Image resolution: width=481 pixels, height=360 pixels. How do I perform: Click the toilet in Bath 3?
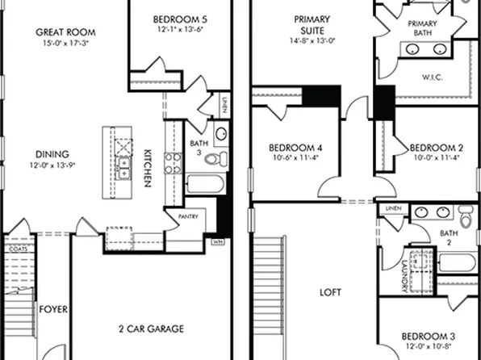211,158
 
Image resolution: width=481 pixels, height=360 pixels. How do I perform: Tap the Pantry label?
182,217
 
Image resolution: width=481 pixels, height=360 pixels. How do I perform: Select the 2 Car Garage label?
151,329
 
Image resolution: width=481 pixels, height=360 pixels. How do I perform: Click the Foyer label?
53,309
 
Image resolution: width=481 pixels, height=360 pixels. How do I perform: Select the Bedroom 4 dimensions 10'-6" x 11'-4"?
295,158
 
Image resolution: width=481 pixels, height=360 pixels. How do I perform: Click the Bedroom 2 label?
436,148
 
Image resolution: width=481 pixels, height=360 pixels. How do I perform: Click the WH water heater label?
218,241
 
